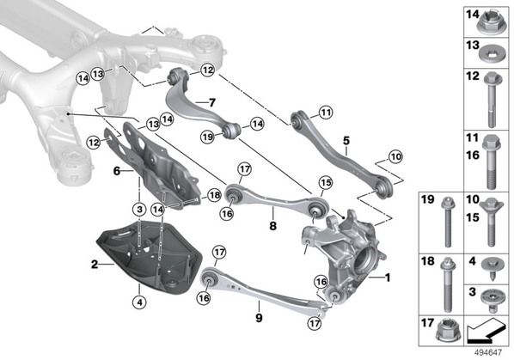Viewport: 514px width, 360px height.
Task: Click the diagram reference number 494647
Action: pos(488,353)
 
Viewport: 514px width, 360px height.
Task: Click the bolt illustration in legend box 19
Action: pos(448,222)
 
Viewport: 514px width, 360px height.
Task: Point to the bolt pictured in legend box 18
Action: pos(449,284)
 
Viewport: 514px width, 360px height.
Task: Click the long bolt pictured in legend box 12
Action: pos(492,100)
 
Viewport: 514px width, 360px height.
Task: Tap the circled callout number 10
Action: pos(396,157)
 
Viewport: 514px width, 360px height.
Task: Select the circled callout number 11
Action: pos(326,113)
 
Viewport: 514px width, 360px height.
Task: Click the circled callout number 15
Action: pos(326,183)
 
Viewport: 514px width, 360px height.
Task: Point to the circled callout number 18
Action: pos(215,196)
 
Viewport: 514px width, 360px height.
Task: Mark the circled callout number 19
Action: pos(208,137)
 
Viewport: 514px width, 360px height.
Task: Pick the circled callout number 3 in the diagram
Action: pos(139,209)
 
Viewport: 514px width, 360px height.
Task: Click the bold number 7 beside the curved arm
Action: pos(212,103)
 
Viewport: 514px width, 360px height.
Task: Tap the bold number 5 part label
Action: pos(346,141)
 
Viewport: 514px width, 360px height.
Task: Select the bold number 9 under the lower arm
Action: pos(259,317)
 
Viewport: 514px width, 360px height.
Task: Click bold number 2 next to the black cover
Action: pos(95,264)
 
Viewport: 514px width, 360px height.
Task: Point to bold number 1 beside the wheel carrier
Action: pos(388,278)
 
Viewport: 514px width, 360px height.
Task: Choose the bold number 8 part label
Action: pos(272,226)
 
